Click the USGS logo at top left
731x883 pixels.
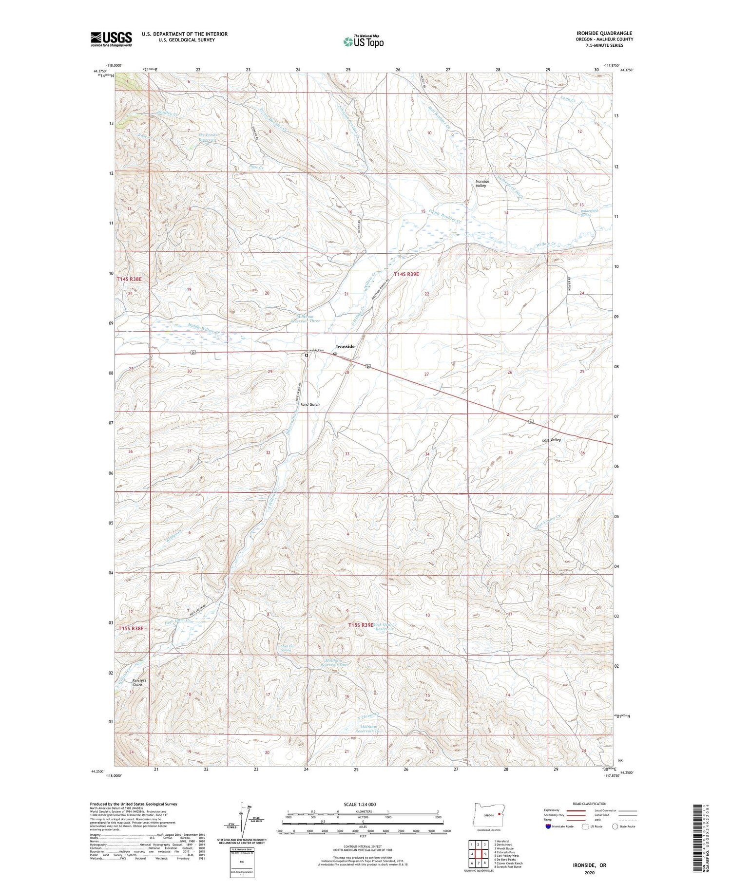pyautogui.click(x=111, y=39)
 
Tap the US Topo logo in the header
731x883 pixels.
pyautogui.click(x=363, y=42)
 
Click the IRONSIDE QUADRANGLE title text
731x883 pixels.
pyautogui.click(x=604, y=33)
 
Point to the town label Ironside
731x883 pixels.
pyautogui.click(x=345, y=346)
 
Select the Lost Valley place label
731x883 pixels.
pyautogui.click(x=552, y=440)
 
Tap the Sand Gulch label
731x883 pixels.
pyautogui.click(x=310, y=405)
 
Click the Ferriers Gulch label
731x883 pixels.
pyautogui.click(x=137, y=682)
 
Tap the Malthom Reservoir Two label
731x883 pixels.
pyautogui.click(x=368, y=729)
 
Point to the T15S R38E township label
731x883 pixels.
pyautogui.click(x=131, y=628)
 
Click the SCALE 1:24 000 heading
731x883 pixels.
pyautogui.click(x=363, y=805)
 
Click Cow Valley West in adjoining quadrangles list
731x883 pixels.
pyautogui.click(x=506, y=856)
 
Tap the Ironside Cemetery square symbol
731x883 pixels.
pyautogui.click(x=306, y=356)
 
